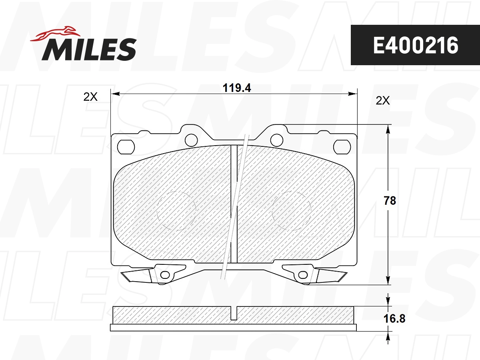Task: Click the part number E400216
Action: (416, 46)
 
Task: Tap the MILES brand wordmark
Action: (89, 50)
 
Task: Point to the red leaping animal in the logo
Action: (56, 34)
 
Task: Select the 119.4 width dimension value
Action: (237, 88)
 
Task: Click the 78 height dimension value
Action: (390, 201)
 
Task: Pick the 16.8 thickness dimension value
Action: (394, 318)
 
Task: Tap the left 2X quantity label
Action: (90, 97)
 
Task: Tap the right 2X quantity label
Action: (383, 100)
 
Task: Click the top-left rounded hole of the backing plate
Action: (126, 147)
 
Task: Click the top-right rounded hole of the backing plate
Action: (342, 147)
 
